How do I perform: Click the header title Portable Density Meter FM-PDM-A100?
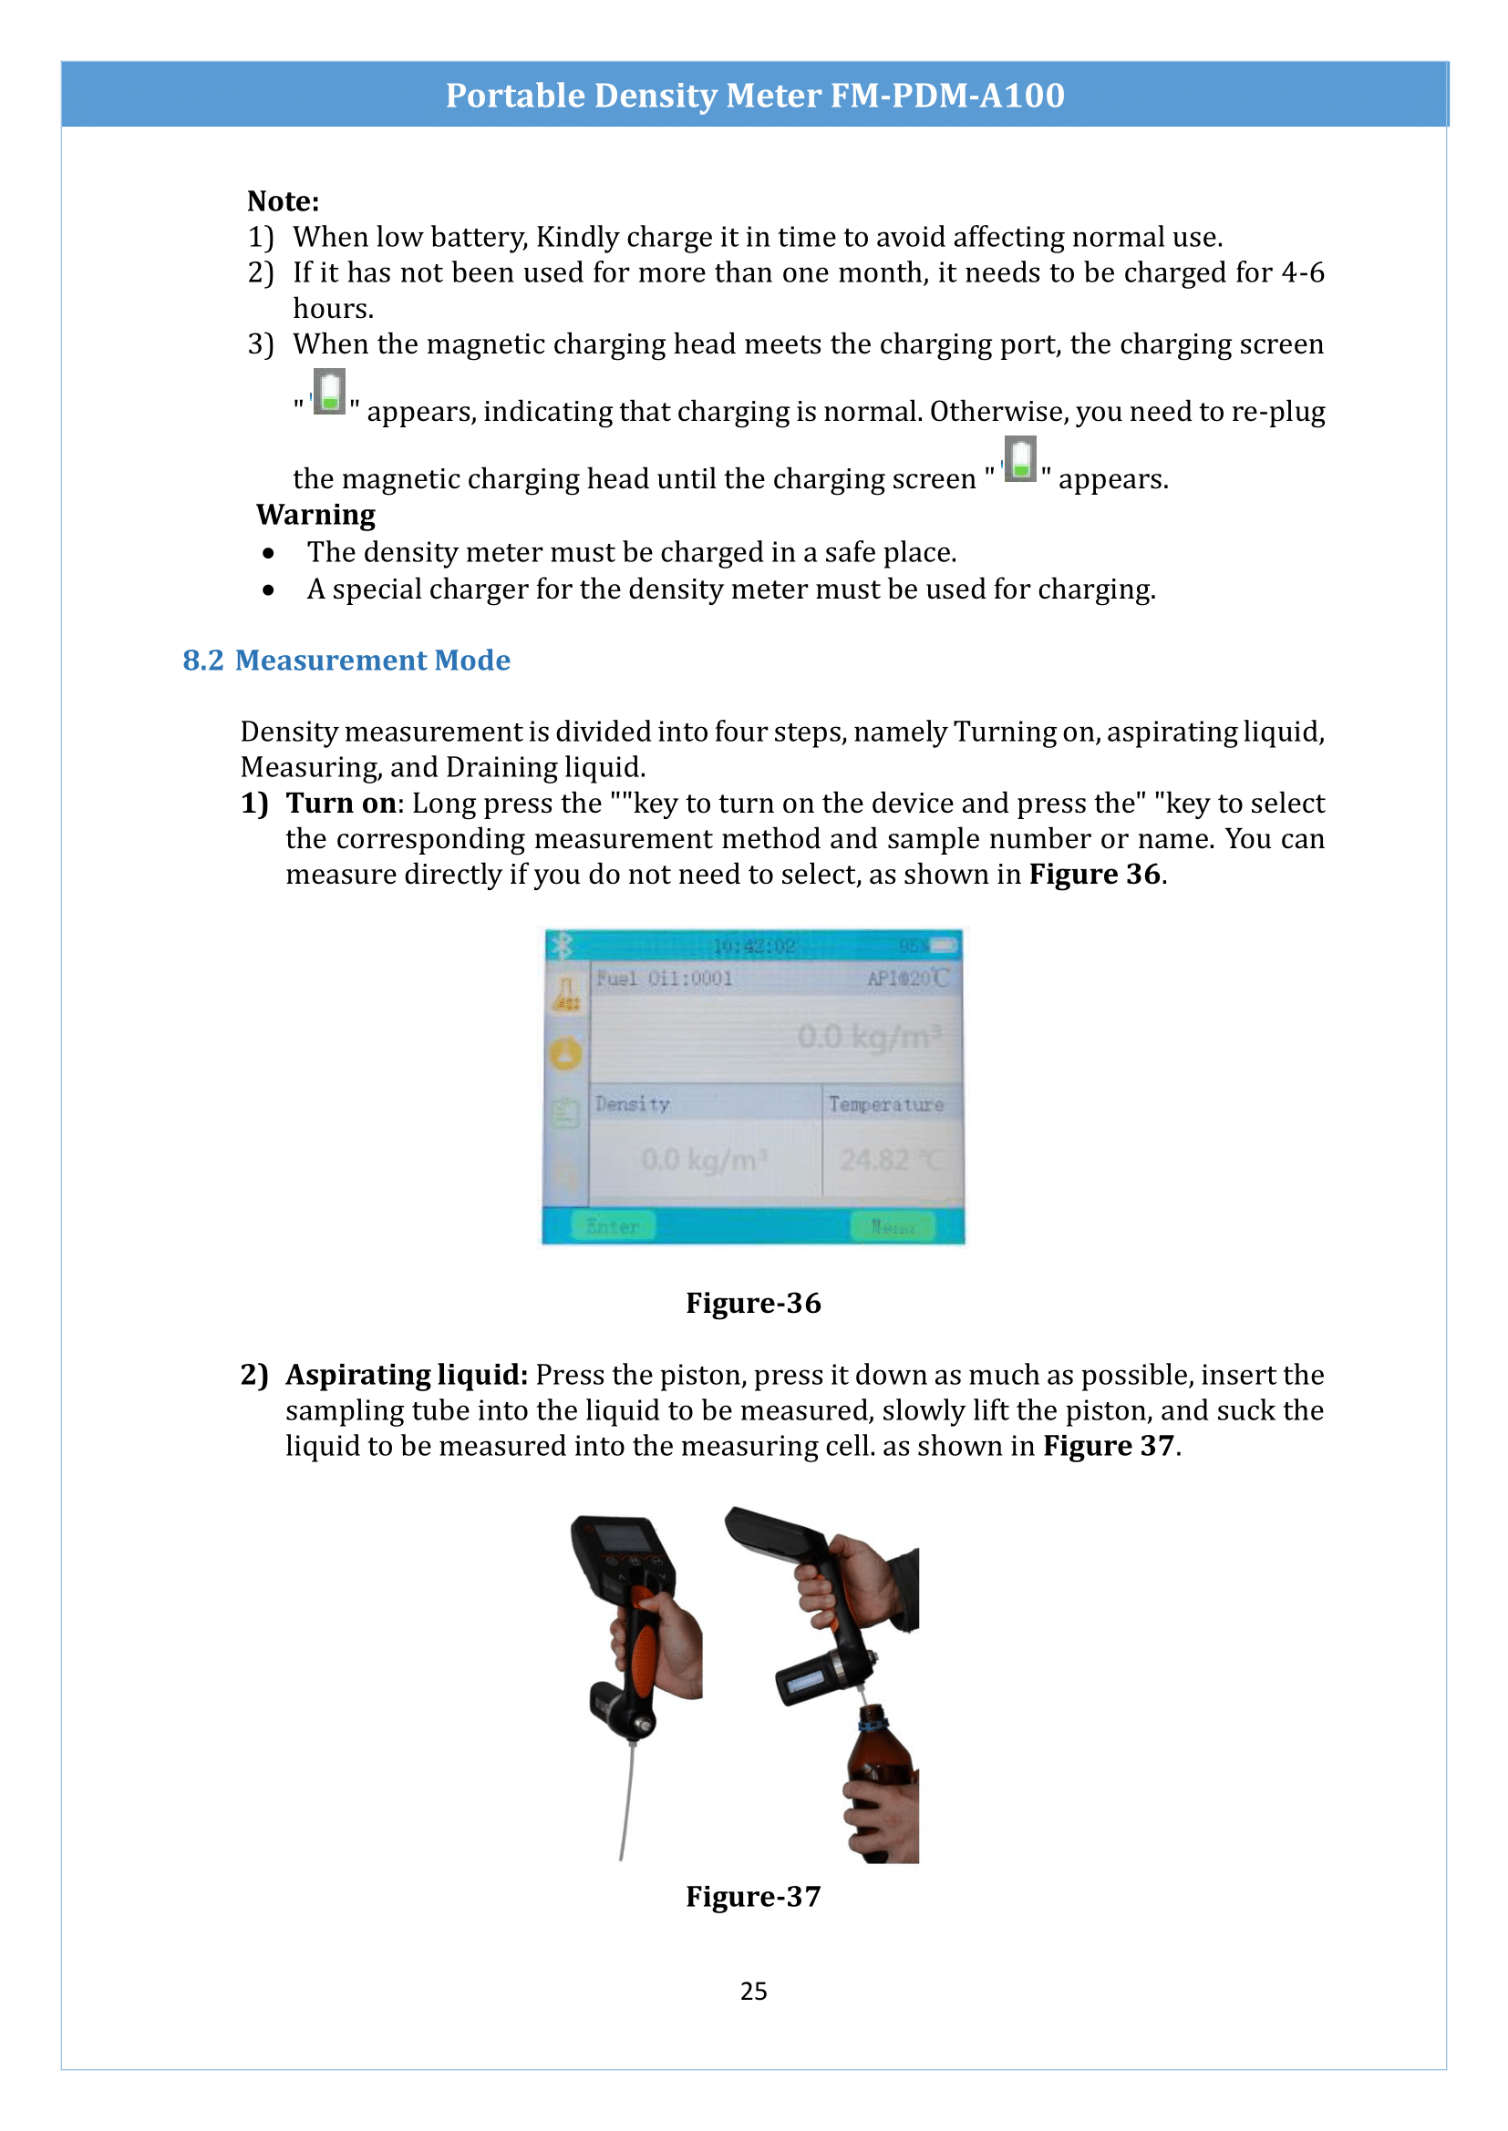tap(754, 96)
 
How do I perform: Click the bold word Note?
tap(283, 201)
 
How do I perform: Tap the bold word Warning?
tap(315, 514)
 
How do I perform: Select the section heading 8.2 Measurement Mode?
tap(346, 660)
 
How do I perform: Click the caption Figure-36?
tap(753, 1303)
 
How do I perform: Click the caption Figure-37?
tap(753, 1896)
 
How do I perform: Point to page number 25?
tap(753, 1991)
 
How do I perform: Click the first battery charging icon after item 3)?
tap(329, 393)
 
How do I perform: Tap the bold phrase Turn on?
tap(341, 803)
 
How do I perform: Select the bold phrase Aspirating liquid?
tap(406, 1375)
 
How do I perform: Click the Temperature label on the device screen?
tap(886, 1104)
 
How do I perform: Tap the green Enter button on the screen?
tap(613, 1227)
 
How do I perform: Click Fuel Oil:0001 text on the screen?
tap(664, 978)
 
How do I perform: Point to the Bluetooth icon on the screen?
tap(561, 946)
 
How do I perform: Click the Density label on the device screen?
tap(632, 1104)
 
